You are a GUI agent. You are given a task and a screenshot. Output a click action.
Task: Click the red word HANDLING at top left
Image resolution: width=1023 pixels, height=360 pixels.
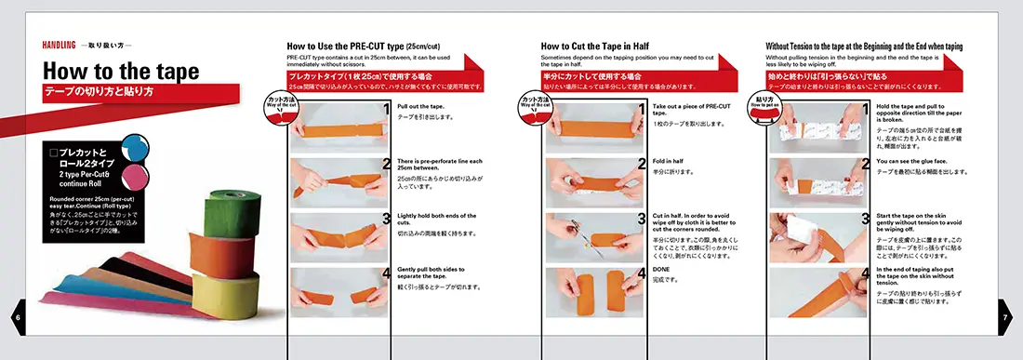coord(59,45)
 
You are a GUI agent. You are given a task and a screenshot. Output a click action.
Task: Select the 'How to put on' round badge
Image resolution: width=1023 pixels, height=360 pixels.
coord(764,101)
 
